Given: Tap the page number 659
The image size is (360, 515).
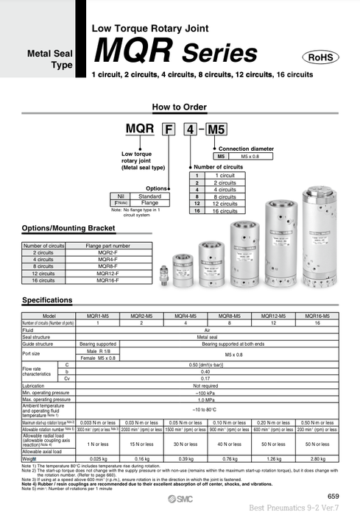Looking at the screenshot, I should [x=333, y=497].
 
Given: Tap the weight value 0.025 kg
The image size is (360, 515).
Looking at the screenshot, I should [x=99, y=458].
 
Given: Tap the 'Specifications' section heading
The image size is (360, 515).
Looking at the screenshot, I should [x=47, y=300].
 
